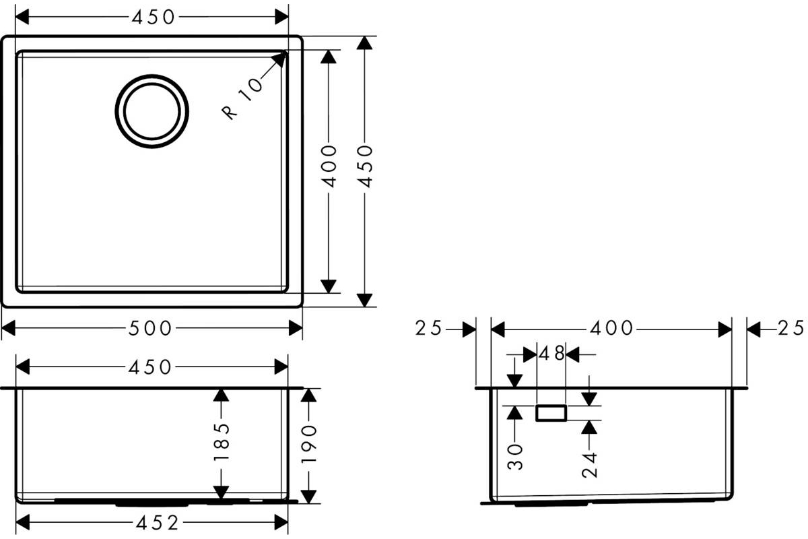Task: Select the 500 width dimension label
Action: [x=150, y=329]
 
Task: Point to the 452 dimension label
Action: [x=158, y=523]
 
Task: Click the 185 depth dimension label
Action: [x=222, y=442]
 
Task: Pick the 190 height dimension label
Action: [x=309, y=444]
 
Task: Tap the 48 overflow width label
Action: [x=551, y=353]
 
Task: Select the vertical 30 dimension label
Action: [x=514, y=457]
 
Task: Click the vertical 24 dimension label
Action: [x=589, y=465]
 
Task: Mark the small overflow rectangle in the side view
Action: [x=551, y=413]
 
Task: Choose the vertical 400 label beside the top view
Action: [x=329, y=166]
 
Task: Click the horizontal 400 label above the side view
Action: [x=611, y=328]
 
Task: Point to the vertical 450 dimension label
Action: [x=365, y=166]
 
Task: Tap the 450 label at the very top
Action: [x=154, y=17]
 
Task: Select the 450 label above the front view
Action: [x=150, y=367]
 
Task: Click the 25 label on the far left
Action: [x=428, y=328]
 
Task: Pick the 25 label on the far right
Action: [x=790, y=328]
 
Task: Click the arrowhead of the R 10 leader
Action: [x=279, y=59]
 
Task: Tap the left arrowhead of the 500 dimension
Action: [x=9, y=328]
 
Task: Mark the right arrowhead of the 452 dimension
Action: [x=281, y=522]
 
